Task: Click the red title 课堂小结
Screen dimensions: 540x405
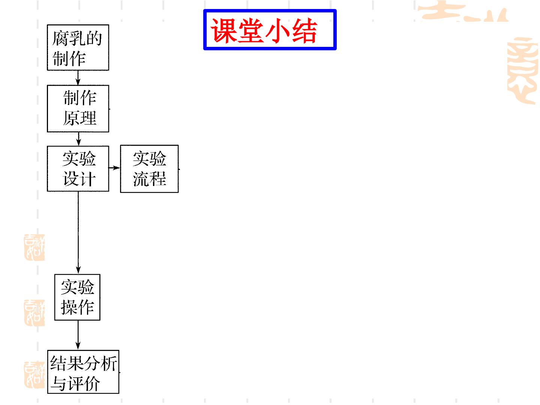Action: point(264,30)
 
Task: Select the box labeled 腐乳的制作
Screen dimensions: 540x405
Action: point(78,48)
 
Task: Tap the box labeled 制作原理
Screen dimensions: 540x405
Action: point(78,109)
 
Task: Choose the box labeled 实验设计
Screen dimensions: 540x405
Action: point(78,169)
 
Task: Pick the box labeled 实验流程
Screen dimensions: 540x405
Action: point(149,169)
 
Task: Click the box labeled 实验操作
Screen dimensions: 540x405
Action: point(77,297)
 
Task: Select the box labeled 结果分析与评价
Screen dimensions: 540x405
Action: point(83,372)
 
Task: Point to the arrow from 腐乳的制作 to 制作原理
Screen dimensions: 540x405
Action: point(78,78)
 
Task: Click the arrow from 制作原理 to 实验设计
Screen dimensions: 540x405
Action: point(78,139)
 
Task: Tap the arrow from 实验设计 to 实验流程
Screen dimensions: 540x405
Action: point(114,168)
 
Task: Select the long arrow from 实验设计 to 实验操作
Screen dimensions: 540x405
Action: point(78,232)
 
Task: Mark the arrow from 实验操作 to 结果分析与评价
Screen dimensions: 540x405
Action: point(78,335)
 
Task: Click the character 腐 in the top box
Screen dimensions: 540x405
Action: point(60,38)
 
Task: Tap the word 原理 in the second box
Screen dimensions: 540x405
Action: point(79,118)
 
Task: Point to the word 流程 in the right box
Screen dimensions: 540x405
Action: point(150,179)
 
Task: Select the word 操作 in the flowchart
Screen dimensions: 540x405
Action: point(78,307)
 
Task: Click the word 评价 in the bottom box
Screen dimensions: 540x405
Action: point(84,383)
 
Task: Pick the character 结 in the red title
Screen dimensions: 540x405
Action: point(304,31)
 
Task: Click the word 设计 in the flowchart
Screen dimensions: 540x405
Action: point(79,178)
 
